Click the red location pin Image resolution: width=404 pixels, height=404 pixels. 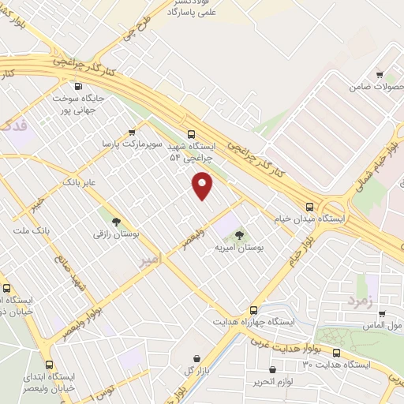[203, 185]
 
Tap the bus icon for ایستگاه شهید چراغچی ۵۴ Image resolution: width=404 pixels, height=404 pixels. [191, 134]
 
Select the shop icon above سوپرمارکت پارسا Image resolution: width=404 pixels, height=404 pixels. [131, 132]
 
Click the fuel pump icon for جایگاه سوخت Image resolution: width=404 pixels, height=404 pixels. [77, 87]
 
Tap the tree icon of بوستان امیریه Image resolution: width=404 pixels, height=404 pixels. [239, 234]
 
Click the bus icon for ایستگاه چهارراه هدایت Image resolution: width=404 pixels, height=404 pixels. [253, 310]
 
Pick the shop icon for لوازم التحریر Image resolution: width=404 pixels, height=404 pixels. [272, 369]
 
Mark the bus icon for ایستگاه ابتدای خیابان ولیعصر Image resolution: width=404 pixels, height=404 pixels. [50, 365]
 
